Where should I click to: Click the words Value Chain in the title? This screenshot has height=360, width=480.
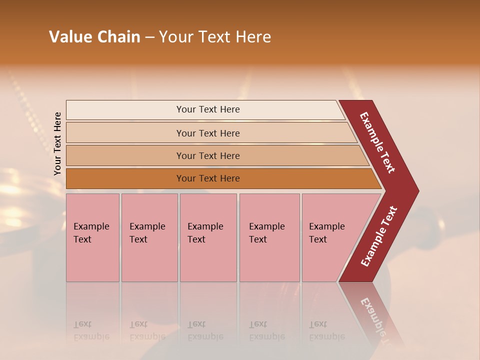coord(94,37)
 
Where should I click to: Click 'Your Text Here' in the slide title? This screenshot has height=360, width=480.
coord(215,37)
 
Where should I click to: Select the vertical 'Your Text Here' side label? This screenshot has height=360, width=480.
coord(57,143)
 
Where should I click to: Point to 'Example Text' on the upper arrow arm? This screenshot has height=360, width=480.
coord(377,142)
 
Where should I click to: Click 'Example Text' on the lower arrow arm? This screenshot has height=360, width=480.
coord(379,236)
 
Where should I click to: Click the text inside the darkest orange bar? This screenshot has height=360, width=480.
coord(208,178)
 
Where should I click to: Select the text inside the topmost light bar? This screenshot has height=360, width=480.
coord(208,109)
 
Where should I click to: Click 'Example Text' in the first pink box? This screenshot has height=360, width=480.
coord(91,233)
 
